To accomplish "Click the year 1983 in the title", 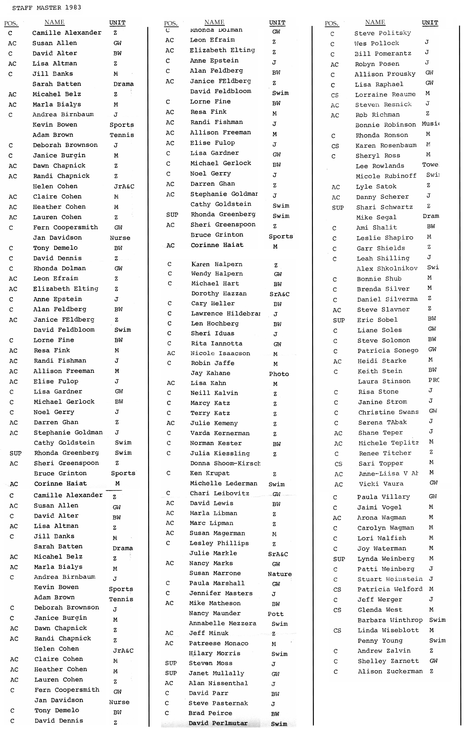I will click(x=73, y=7).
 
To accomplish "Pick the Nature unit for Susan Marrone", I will click(x=280, y=574).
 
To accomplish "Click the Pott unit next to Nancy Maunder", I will click(x=275, y=614).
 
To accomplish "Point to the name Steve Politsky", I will click(x=383, y=33).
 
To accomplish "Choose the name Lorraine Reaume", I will click(x=385, y=95).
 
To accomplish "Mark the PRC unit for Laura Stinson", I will click(x=434, y=380).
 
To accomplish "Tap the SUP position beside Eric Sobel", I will click(x=339, y=320).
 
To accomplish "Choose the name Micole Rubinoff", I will click(x=386, y=176).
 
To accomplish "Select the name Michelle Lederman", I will click(x=223, y=483).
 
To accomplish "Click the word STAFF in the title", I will click(x=22, y=8).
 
